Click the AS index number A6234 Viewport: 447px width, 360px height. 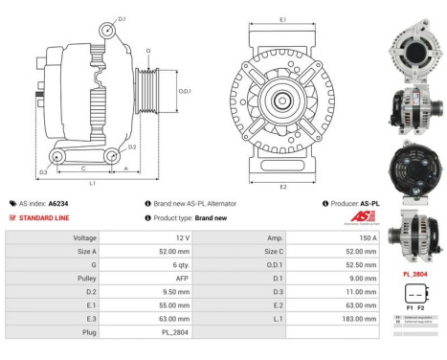[x=60, y=204]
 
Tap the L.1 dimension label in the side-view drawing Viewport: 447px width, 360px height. [x=92, y=182]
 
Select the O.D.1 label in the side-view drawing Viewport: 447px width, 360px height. [x=185, y=91]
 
